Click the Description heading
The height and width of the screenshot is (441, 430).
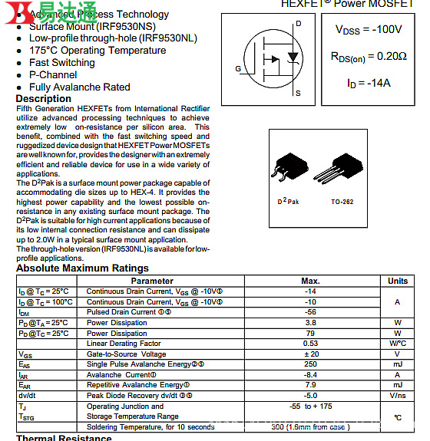click(x=44, y=99)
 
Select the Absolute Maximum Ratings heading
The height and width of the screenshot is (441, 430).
click(x=82, y=268)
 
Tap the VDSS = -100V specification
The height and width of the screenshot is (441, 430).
click(x=368, y=30)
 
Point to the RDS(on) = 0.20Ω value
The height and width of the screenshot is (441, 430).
click(x=369, y=56)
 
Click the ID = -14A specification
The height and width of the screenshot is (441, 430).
click(x=369, y=82)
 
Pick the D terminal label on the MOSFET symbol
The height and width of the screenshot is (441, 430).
click(x=298, y=24)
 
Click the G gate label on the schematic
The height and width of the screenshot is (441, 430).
click(x=238, y=69)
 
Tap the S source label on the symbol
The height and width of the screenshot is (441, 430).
click(x=298, y=94)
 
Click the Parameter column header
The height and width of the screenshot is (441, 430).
click(x=152, y=281)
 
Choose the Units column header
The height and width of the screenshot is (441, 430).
click(x=398, y=281)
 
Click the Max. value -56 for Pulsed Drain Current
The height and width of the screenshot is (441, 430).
click(x=310, y=312)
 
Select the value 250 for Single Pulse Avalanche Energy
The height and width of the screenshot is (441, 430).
click(x=310, y=364)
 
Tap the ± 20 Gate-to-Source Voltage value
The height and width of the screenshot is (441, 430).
click(x=310, y=354)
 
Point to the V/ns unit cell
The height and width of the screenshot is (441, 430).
click(x=398, y=396)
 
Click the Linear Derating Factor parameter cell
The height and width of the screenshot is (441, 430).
click(x=124, y=344)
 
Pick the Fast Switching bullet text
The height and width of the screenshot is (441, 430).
click(x=62, y=63)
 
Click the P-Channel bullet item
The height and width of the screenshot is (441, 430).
click(x=53, y=75)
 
